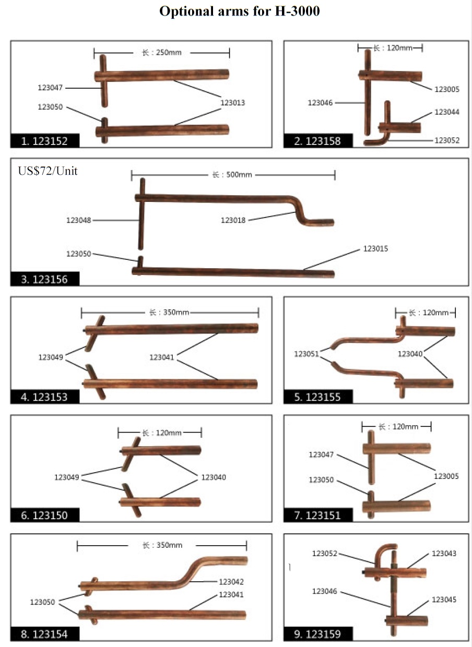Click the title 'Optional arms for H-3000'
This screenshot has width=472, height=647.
pyautogui.click(x=239, y=11)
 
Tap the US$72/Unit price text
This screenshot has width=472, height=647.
pyautogui.click(x=48, y=171)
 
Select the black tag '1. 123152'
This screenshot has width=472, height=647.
pyautogui.click(x=45, y=141)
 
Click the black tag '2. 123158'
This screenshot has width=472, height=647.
pyautogui.click(x=318, y=141)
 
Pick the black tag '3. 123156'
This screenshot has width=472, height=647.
pyautogui.click(x=45, y=279)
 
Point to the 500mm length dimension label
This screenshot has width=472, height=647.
pyautogui.click(x=232, y=175)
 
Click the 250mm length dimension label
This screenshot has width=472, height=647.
pyautogui.click(x=162, y=53)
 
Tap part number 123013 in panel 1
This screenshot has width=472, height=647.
pyautogui.click(x=233, y=103)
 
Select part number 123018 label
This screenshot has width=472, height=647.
pyautogui.click(x=233, y=220)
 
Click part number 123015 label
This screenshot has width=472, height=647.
pyautogui.click(x=375, y=248)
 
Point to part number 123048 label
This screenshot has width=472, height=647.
pyautogui.click(x=79, y=220)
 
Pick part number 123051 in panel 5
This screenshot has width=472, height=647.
pyautogui.click(x=306, y=354)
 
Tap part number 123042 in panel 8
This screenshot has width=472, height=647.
pyautogui.click(x=231, y=581)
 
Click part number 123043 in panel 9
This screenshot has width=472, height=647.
pyautogui.click(x=444, y=553)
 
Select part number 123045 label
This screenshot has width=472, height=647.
pyautogui.click(x=444, y=600)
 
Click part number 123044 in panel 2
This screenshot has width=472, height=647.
pyautogui.click(x=447, y=112)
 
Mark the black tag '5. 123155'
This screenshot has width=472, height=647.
pyautogui.click(x=318, y=397)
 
